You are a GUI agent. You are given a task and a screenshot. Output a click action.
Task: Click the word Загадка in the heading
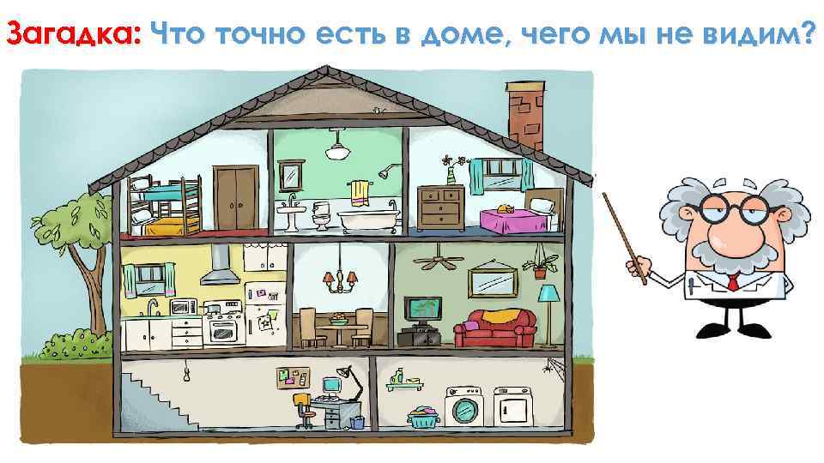coord(72,33)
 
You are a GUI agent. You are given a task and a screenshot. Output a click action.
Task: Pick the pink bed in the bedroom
coord(512,219)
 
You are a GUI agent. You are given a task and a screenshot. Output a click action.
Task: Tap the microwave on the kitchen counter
coord(183,307)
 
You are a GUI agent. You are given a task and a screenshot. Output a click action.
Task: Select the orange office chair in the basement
coord(301,408)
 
